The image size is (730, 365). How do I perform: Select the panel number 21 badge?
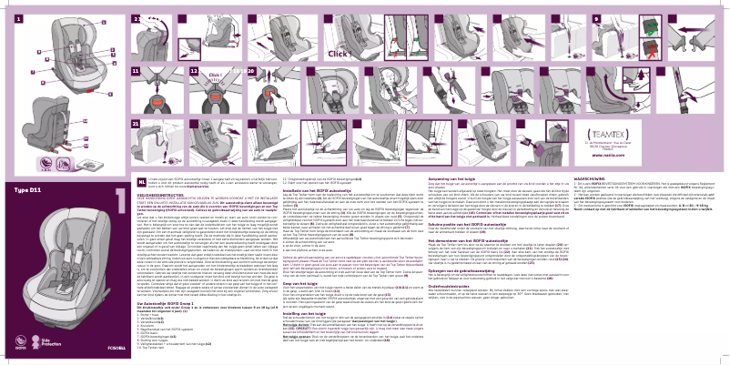point(111,122)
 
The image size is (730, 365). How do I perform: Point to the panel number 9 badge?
point(571,18)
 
